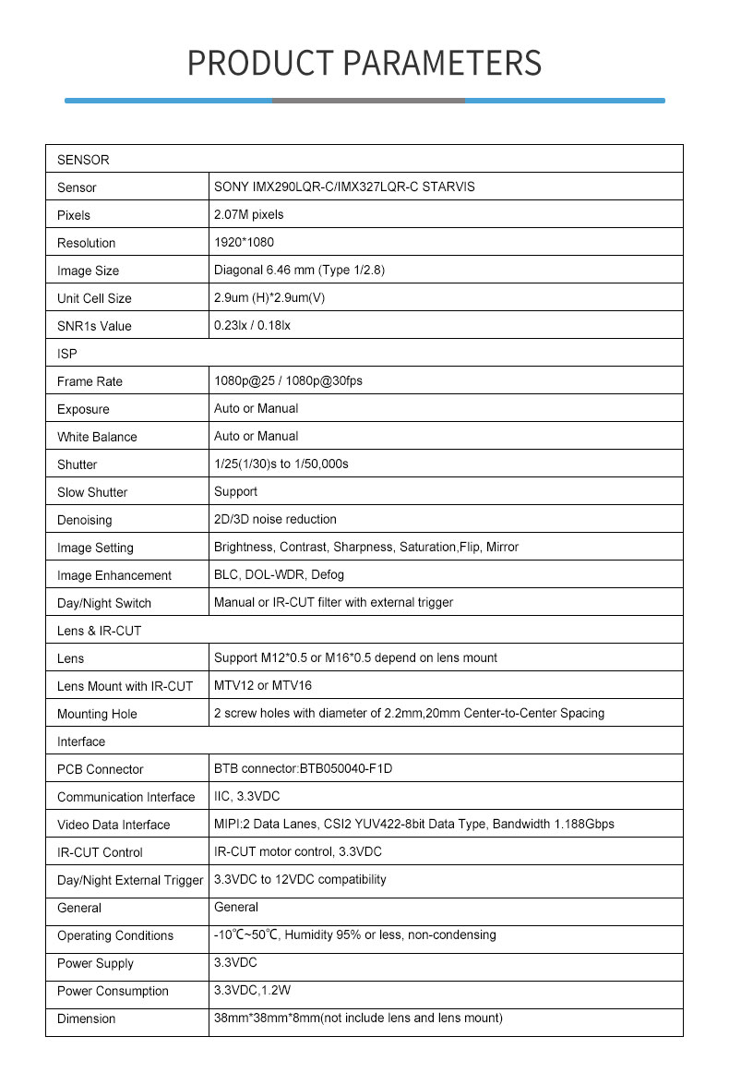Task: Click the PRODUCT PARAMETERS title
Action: click(364, 62)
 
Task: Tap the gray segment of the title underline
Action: click(368, 100)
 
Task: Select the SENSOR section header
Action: click(83, 160)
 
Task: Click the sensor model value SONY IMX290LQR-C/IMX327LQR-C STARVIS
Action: click(344, 187)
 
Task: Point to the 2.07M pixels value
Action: click(248, 214)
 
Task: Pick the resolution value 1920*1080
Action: click(244, 242)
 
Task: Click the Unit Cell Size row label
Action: click(94, 298)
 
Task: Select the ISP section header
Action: click(67, 354)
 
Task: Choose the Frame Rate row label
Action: click(90, 381)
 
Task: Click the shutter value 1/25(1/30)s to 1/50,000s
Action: click(281, 464)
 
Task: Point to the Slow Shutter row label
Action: click(92, 492)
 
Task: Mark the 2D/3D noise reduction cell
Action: click(275, 519)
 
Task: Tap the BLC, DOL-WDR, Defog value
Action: click(279, 574)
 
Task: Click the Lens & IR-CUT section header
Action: click(99, 631)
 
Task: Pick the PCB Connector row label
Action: click(101, 769)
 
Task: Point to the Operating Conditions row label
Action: click(115, 935)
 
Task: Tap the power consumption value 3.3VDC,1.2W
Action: click(254, 990)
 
